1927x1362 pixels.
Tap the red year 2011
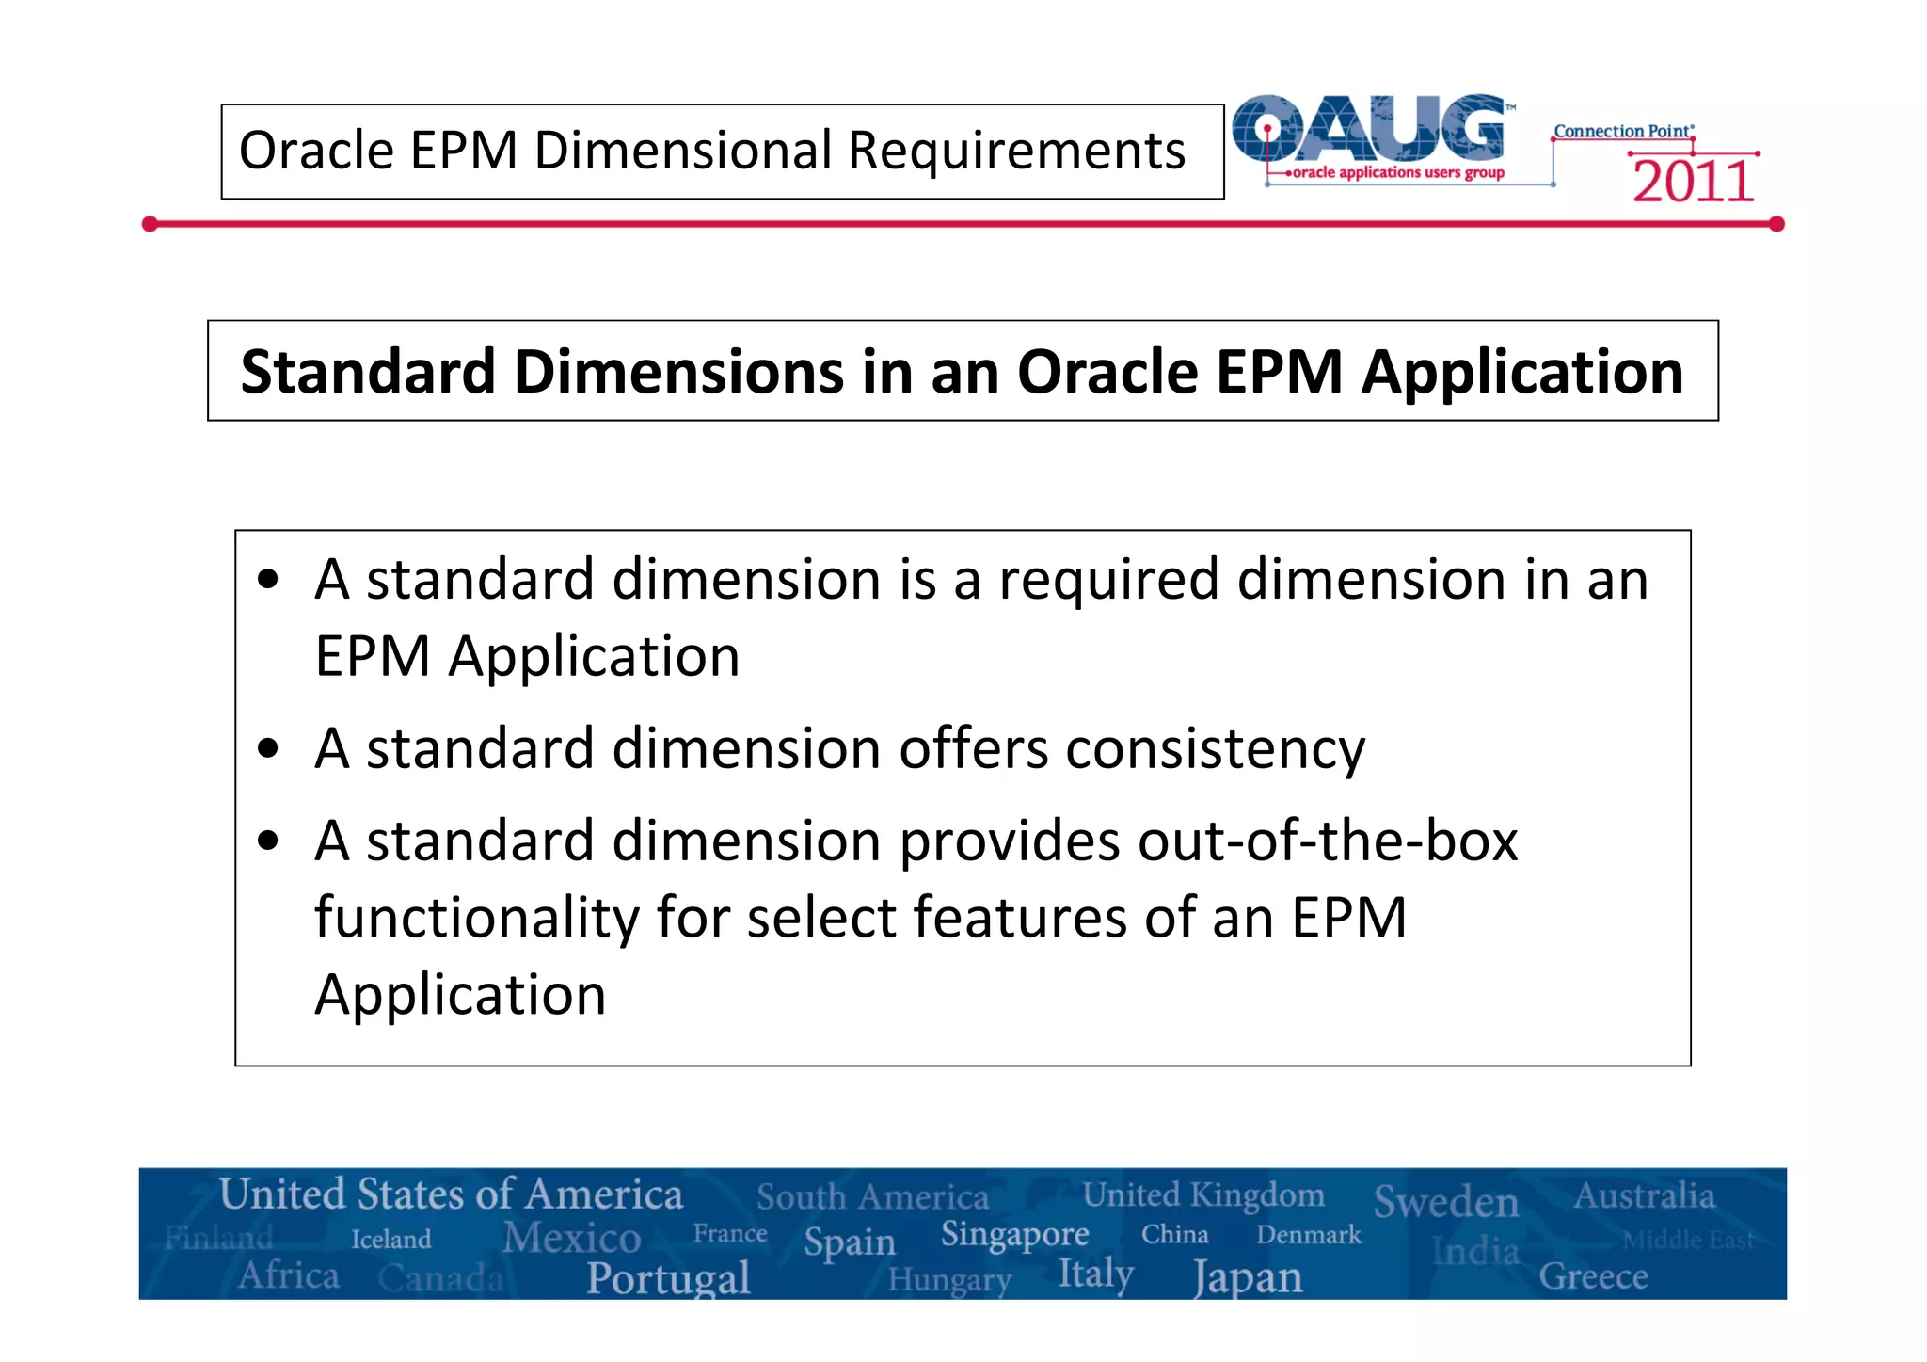[x=1693, y=182]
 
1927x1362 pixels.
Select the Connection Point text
[x=1622, y=131]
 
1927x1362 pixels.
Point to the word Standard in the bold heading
[x=367, y=372]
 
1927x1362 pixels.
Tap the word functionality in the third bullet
[x=476, y=918]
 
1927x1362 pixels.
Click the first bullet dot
[x=268, y=580]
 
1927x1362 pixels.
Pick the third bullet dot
[x=268, y=841]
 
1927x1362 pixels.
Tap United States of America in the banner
[x=451, y=1194]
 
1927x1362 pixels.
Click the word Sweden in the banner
[x=1445, y=1202]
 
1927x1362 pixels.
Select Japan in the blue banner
[x=1248, y=1278]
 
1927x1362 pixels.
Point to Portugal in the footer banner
[x=668, y=1278]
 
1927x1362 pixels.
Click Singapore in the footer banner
[x=1014, y=1234]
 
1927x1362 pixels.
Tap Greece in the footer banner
[x=1592, y=1277]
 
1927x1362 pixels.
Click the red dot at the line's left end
[x=150, y=224]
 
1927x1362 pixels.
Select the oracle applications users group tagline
[x=1398, y=172]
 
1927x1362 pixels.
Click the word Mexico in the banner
[x=571, y=1238]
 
